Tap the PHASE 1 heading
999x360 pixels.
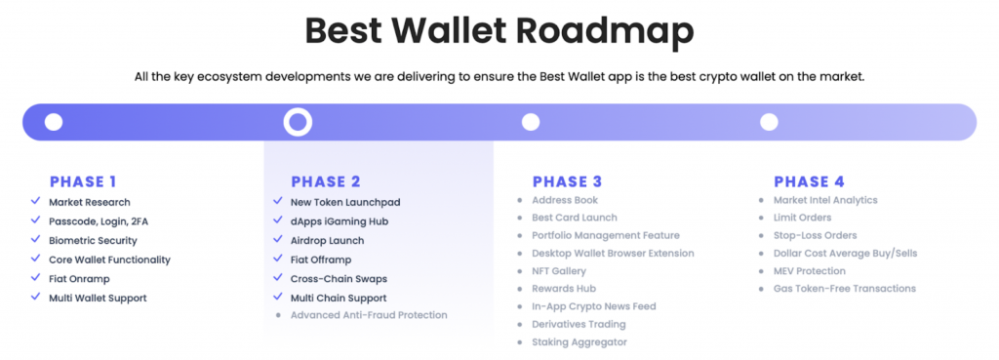(83, 181)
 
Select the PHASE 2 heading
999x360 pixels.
(325, 181)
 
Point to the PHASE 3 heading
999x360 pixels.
(567, 181)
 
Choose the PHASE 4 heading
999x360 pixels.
(809, 181)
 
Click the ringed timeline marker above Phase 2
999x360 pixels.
(297, 122)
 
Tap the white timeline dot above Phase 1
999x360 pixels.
(54, 122)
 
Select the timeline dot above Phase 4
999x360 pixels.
(769, 122)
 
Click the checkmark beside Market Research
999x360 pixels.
(35, 202)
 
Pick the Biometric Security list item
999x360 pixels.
(93, 240)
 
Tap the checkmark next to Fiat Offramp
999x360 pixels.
(278, 259)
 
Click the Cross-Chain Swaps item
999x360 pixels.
(338, 278)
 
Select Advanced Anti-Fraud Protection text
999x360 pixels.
(369, 315)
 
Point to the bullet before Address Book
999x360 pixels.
(520, 201)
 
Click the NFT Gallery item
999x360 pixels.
(558, 271)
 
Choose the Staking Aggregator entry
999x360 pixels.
(579, 342)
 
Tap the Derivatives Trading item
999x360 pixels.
(579, 324)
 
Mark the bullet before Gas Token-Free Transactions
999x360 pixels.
(761, 289)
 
